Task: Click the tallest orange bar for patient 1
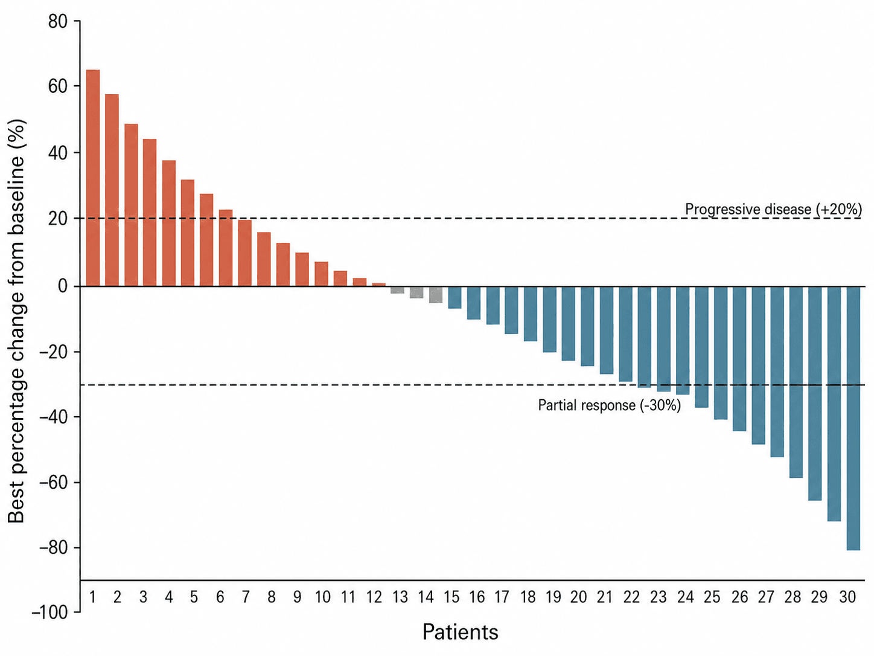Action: coord(93,178)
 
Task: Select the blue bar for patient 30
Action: coord(853,418)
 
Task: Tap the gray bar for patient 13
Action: coord(397,290)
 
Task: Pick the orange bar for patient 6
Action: coord(226,248)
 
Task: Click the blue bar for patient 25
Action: coord(720,353)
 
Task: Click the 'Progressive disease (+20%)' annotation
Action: coord(773,209)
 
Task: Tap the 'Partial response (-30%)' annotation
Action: coord(609,405)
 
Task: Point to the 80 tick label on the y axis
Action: coord(58,21)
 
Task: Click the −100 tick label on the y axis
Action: coord(49,612)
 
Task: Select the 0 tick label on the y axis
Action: coord(63,286)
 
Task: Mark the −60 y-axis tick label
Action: coord(54,483)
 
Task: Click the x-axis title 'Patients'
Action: coord(461,632)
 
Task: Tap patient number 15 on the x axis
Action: coord(451,597)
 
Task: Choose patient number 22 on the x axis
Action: coord(631,597)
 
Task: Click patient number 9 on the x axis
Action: coord(297,597)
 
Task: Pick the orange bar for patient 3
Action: coord(131,205)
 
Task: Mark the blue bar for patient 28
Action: coord(796,382)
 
